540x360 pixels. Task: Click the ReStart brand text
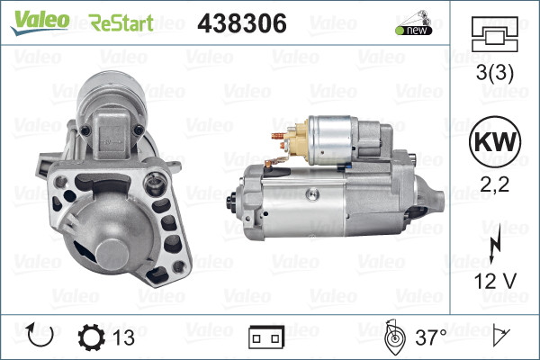(x=121, y=22)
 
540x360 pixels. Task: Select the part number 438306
(x=241, y=22)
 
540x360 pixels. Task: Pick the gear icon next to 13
(x=93, y=337)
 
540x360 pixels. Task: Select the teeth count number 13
(x=125, y=338)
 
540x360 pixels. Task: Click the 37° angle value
(x=430, y=338)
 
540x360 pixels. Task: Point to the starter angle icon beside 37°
(x=393, y=338)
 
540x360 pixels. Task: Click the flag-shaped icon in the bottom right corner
(x=500, y=337)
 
